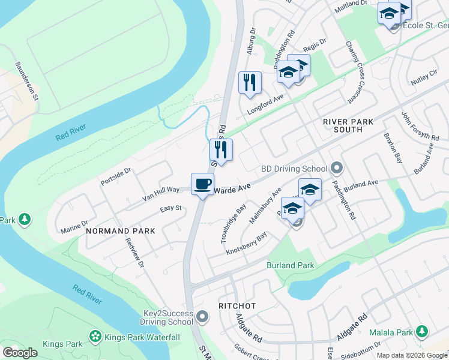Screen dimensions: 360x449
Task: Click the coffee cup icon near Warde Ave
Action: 202,183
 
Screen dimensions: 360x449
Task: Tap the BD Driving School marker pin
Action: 337,169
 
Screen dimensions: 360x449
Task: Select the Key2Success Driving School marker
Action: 203,316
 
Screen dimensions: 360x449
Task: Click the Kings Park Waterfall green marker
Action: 95,337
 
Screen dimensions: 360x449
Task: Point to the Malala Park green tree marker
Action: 423,331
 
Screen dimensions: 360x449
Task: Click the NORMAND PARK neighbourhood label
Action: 120,230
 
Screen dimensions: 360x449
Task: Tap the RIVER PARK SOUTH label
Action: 351,125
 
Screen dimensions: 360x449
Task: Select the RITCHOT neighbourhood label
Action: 237,306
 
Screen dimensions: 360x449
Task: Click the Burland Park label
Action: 290,265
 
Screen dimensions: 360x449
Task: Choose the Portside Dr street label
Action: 116,177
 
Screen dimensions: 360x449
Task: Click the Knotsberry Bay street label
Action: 246,245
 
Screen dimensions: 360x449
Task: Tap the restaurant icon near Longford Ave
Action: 250,82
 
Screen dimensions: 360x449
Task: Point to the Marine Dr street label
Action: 74,226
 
